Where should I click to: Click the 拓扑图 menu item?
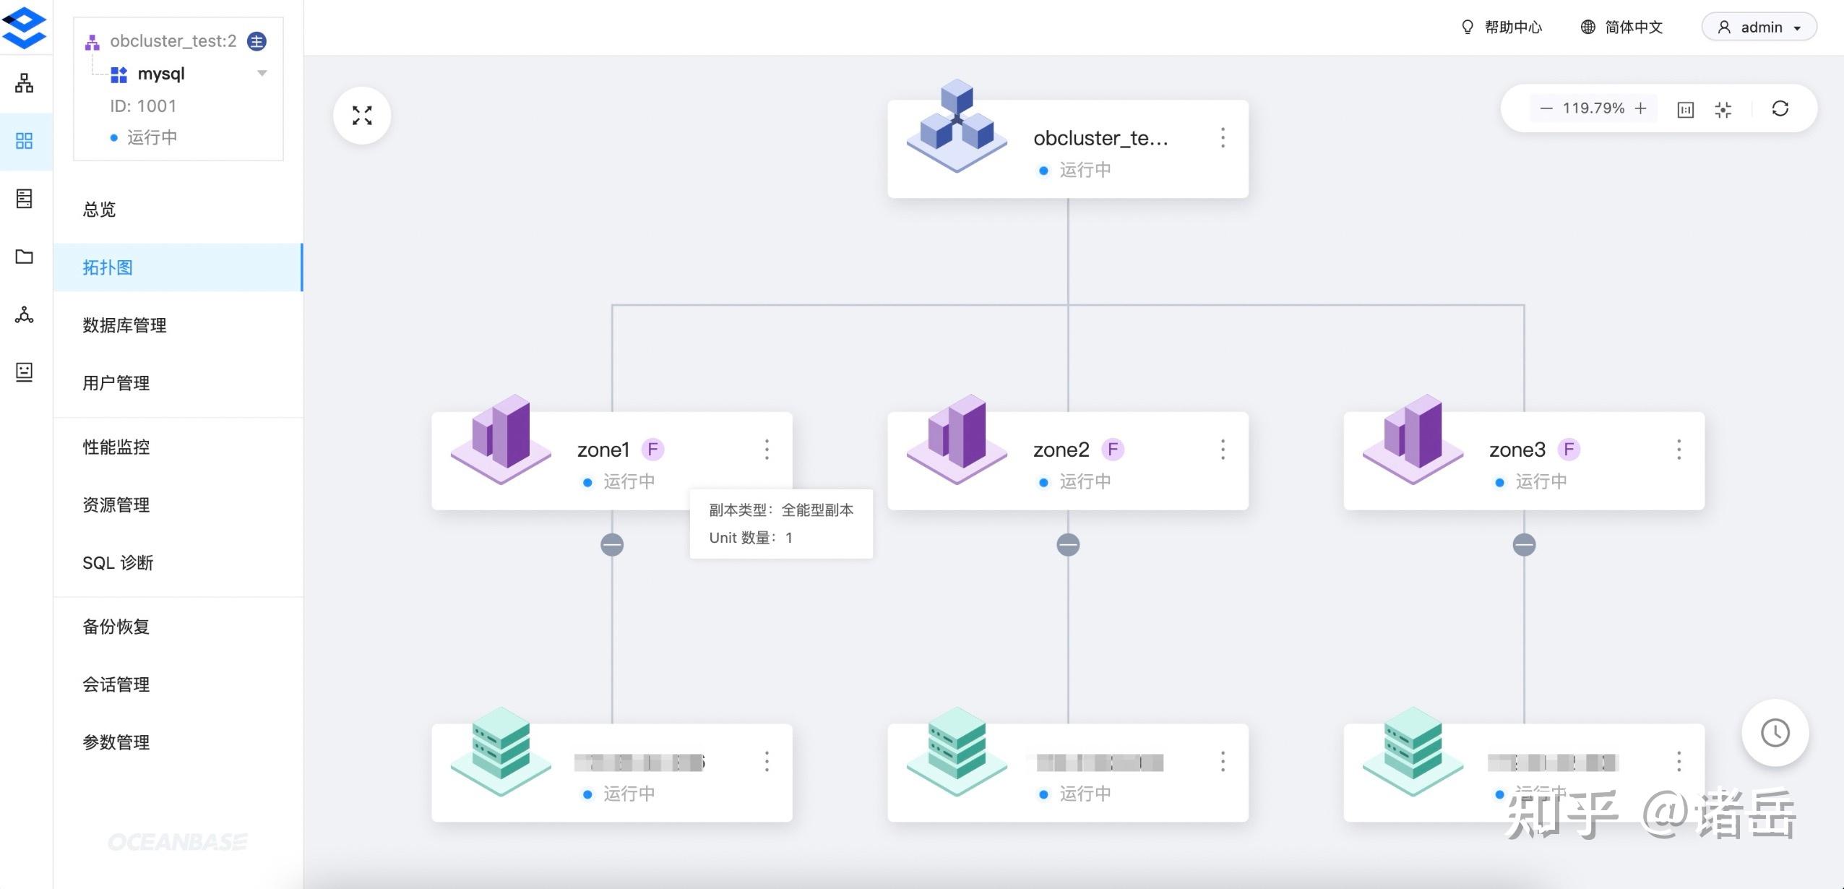click(x=108, y=267)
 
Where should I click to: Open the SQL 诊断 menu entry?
click(x=118, y=562)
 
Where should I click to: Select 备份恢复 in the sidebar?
click(x=116, y=626)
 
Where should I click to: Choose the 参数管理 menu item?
click(x=116, y=742)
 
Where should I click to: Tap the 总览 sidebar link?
click(x=99, y=210)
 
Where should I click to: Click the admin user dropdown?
click(x=1759, y=27)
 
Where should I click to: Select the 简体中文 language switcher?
click(x=1622, y=27)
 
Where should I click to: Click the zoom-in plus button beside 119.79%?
click(x=1641, y=108)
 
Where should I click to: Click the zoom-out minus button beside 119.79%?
click(x=1546, y=108)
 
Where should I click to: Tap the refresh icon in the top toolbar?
click(x=1780, y=108)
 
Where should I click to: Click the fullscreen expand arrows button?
click(x=362, y=116)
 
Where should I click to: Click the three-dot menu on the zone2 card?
click(x=1223, y=450)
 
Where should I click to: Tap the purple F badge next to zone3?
click(x=1569, y=450)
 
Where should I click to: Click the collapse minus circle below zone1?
click(x=612, y=544)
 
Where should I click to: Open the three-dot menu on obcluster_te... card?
click(x=1223, y=137)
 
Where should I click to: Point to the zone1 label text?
click(x=603, y=450)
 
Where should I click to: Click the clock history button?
click(x=1775, y=732)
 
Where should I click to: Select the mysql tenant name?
click(x=161, y=74)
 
